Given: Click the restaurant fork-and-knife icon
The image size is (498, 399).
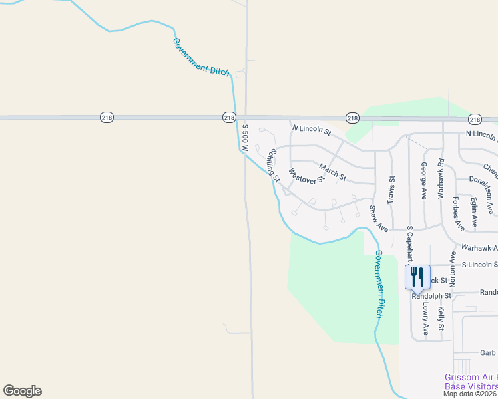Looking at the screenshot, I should coord(417,276).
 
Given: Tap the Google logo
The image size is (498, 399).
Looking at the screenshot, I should coord(22,391).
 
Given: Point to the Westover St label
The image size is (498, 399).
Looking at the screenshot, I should coord(306,176).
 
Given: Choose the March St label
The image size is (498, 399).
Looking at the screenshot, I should coord(332,172).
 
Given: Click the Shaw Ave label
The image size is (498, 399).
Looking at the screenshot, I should coord(378,218).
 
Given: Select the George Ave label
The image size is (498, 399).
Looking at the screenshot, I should coord(423,180).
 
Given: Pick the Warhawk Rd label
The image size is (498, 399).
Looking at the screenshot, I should coord(440,179).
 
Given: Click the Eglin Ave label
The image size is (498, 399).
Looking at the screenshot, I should coord(474,209).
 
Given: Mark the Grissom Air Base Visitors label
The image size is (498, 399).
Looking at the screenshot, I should coord(471,382).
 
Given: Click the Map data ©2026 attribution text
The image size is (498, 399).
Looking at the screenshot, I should coord(470,394).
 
